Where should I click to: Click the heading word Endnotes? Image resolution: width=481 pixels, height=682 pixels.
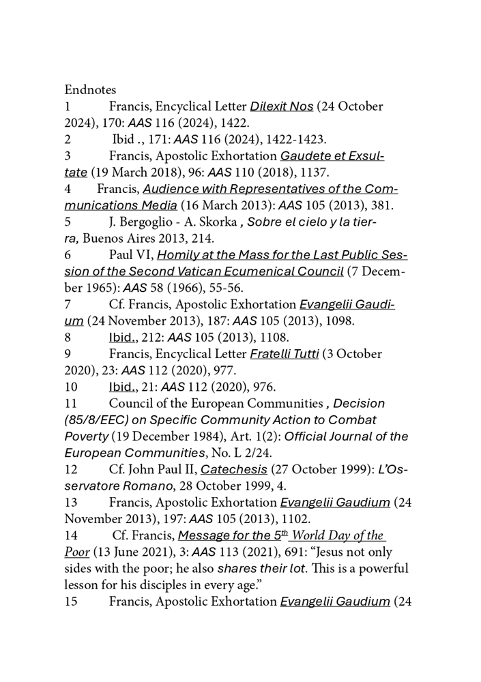tap(90, 89)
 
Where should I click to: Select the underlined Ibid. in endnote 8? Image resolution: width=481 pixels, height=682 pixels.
tap(123, 337)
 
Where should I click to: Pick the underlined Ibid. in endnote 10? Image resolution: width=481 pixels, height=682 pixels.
tap(123, 387)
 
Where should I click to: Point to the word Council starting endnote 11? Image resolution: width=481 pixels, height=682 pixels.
tap(130, 403)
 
